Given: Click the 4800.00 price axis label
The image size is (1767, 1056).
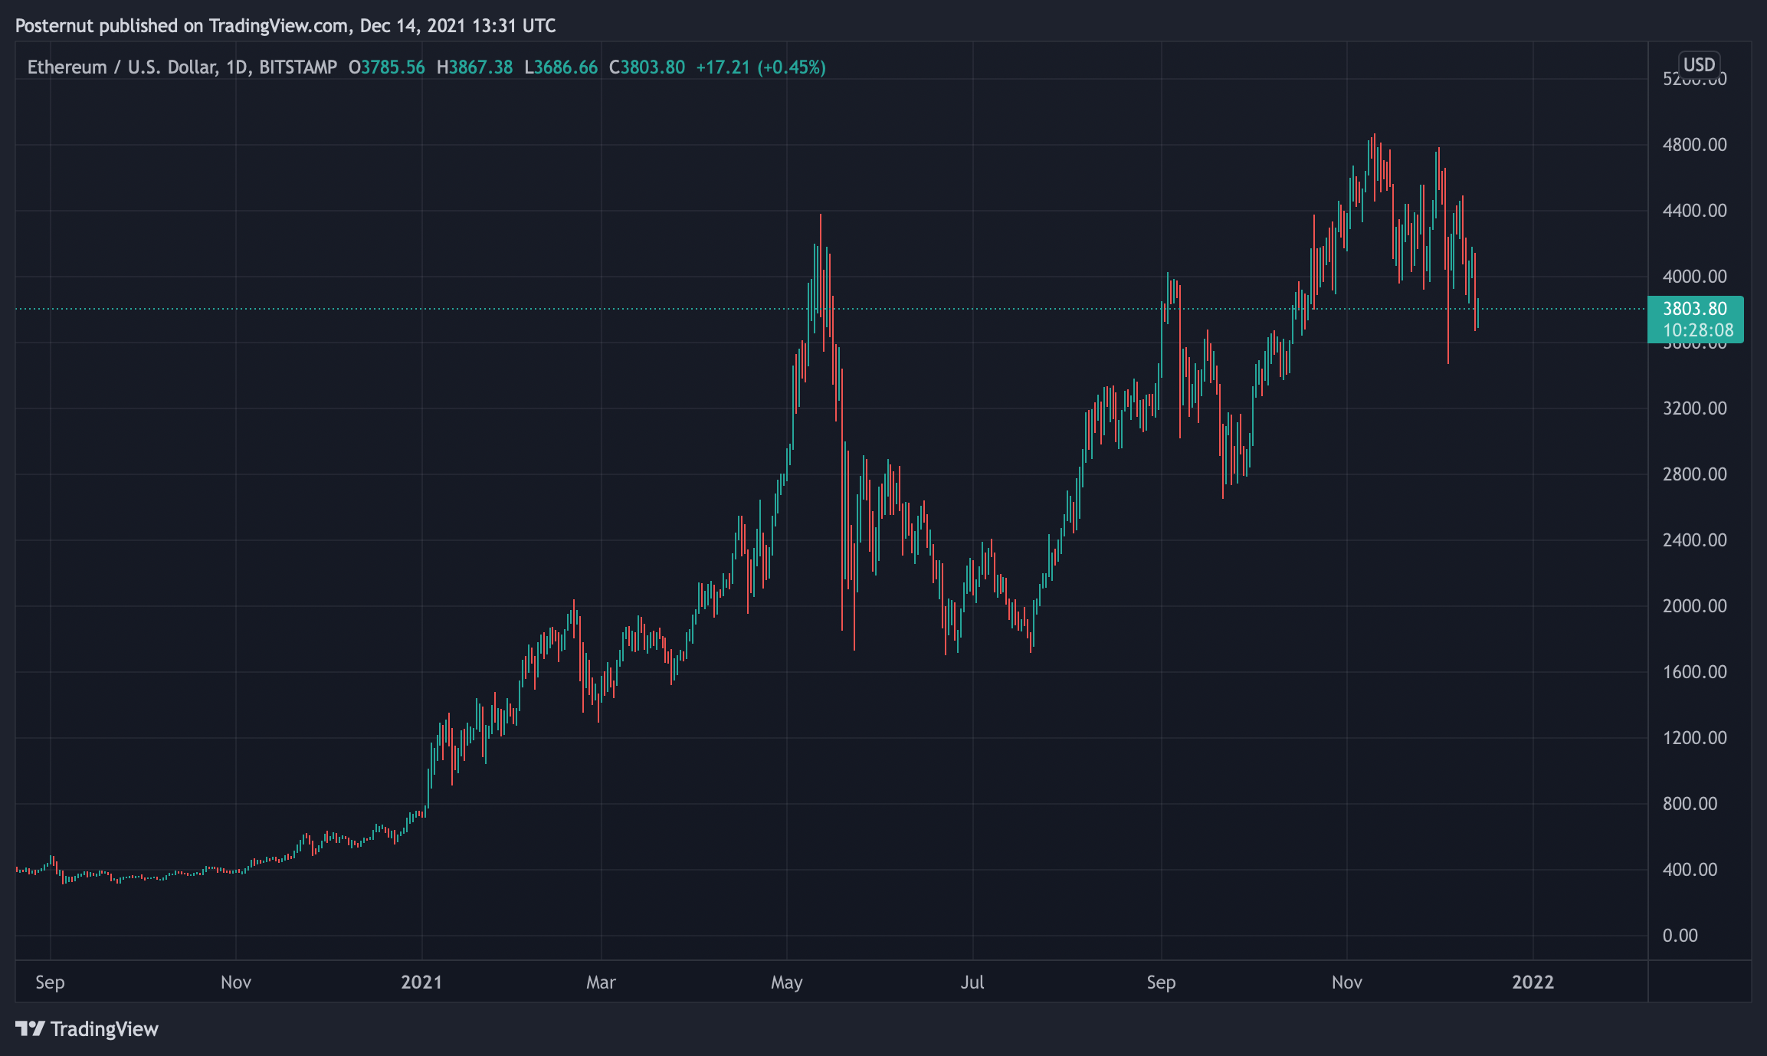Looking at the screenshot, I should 1694,145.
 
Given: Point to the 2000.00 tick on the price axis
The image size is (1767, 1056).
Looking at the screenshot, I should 1694,606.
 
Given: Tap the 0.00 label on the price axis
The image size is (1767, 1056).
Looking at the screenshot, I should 1680,936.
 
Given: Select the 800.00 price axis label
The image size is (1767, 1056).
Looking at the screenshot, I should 1690,804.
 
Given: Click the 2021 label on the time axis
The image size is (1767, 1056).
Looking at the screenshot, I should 421,982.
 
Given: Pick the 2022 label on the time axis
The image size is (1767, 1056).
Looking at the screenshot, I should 1533,982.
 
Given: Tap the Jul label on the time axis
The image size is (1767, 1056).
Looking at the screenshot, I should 972,982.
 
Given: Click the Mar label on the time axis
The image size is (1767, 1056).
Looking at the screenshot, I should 601,982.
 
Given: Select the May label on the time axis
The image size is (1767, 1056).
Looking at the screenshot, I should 787,982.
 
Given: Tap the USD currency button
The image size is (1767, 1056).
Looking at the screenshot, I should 1699,64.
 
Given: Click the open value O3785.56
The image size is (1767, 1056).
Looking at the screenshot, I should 386,67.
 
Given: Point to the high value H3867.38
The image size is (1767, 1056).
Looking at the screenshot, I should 474,67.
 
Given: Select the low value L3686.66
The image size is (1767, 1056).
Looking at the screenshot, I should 561,67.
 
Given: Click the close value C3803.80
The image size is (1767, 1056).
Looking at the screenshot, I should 647,67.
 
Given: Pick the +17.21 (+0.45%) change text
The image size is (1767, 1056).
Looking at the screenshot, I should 761,67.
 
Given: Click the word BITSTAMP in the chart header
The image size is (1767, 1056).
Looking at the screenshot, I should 298,67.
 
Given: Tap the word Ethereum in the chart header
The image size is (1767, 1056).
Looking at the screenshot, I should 67,67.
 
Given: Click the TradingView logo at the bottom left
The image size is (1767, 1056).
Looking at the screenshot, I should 87,1028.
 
